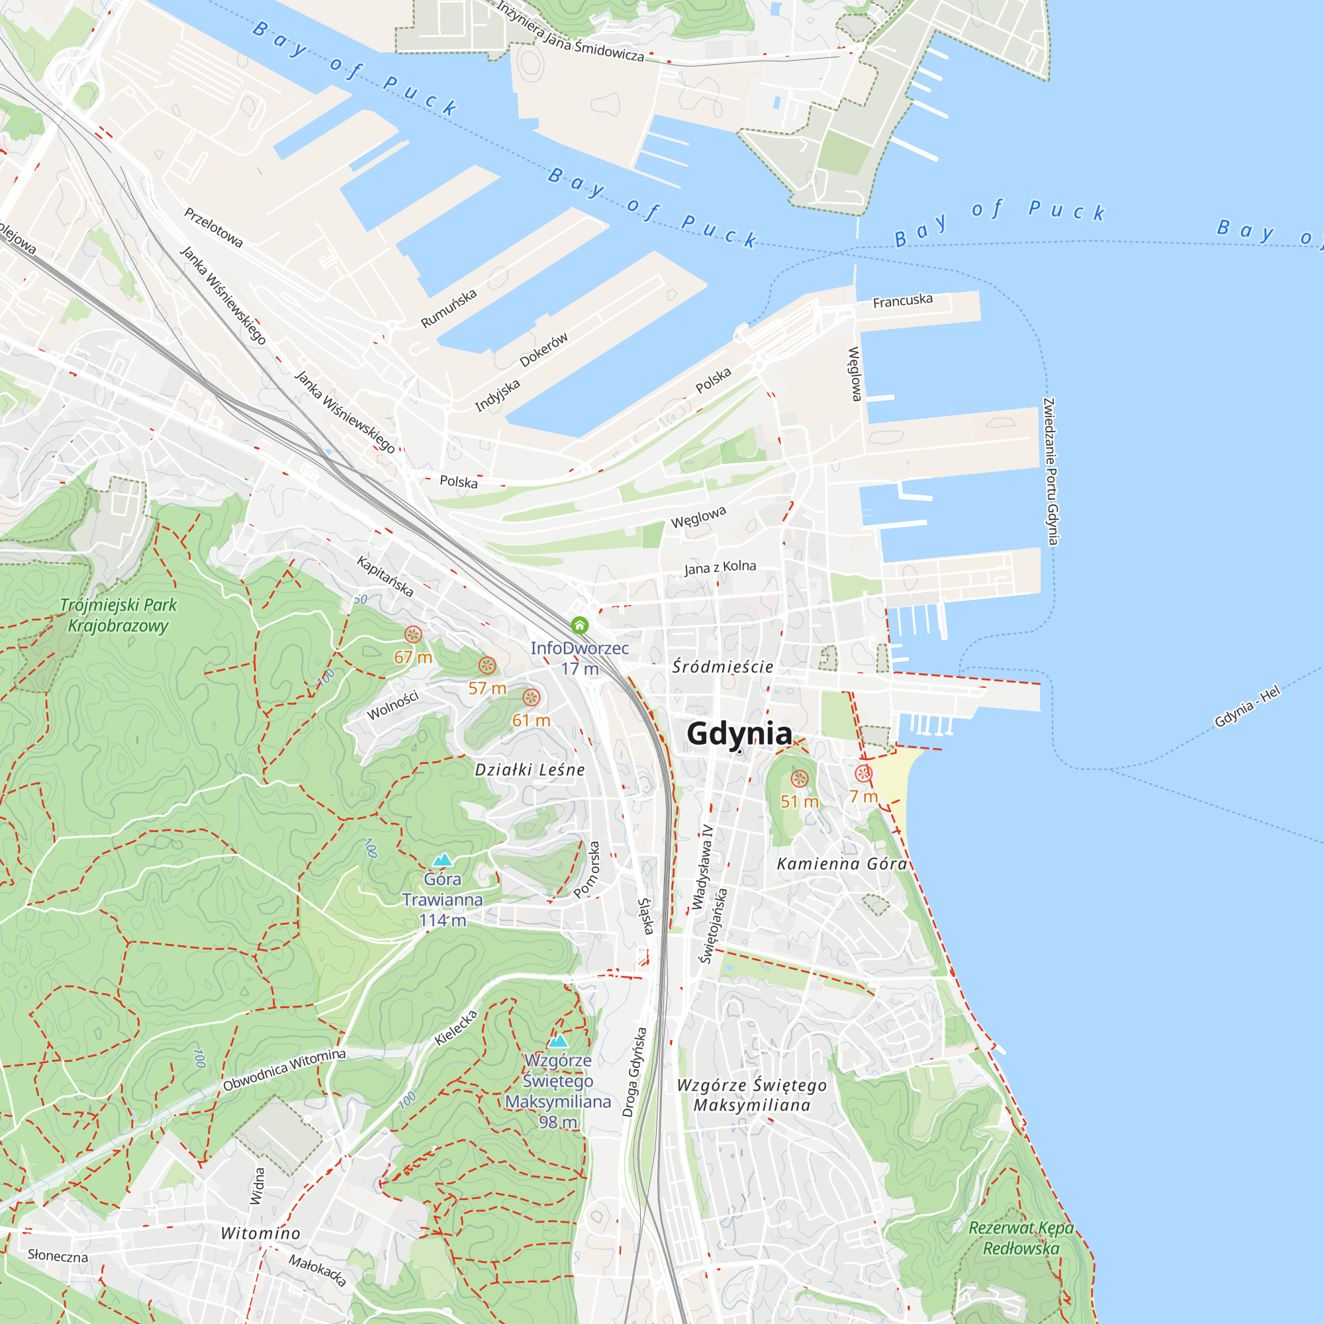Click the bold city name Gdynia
(739, 733)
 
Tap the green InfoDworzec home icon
(580, 625)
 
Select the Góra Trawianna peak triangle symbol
(443, 859)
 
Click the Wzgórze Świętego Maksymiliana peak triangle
(558, 1041)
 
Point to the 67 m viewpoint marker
(412, 635)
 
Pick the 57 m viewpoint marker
(487, 665)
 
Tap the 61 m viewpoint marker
(531, 698)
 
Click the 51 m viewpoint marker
(800, 779)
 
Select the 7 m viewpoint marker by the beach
(863, 774)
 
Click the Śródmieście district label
(722, 667)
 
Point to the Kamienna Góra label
(841, 864)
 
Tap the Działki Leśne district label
(530, 771)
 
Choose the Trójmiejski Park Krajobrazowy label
(118, 615)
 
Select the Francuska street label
(902, 301)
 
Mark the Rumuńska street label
(449, 308)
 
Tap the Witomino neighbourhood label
(260, 1233)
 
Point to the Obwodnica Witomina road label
(284, 1070)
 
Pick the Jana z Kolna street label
(720, 567)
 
